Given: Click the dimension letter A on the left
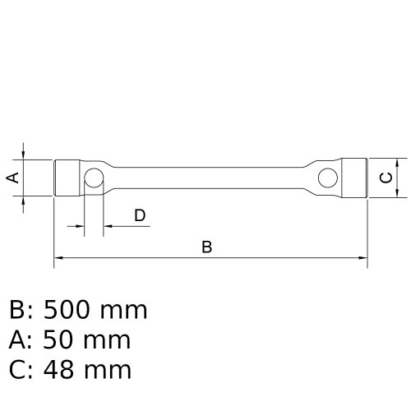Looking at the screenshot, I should point(12,178).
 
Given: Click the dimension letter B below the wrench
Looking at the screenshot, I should point(207,247).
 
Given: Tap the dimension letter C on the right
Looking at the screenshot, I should point(385,177).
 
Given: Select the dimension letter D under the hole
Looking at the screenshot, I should point(140,215).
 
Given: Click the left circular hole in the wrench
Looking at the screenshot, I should point(94,178).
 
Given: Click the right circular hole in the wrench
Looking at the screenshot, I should point(327,177).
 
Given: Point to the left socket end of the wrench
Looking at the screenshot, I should point(67,178).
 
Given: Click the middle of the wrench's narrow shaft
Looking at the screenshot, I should point(210,178).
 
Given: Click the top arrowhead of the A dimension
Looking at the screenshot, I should point(25,155).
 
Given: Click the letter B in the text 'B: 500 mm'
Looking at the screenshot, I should point(17,311).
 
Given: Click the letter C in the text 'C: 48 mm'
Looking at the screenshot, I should point(17,370).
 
